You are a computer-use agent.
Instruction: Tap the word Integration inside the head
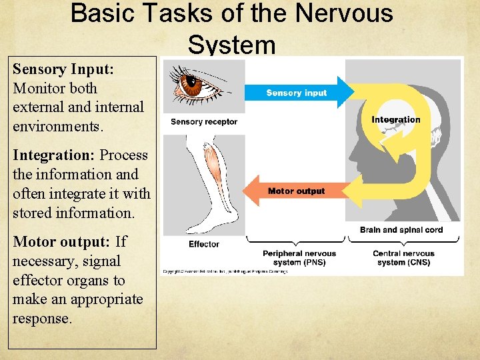[x=396, y=120]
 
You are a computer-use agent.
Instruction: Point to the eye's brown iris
[x=193, y=85]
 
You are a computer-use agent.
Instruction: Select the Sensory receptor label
[x=203, y=122]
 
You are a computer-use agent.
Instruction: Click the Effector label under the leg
[x=204, y=244]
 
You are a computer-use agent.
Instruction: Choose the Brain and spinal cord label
[x=401, y=230]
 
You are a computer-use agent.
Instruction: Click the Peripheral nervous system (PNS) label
[x=299, y=257]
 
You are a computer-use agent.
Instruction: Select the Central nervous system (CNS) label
[x=404, y=257]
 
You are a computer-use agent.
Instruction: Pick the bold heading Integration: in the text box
[x=54, y=155]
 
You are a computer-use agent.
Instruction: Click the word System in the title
[x=231, y=45]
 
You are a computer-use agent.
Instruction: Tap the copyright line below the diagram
[x=224, y=271]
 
